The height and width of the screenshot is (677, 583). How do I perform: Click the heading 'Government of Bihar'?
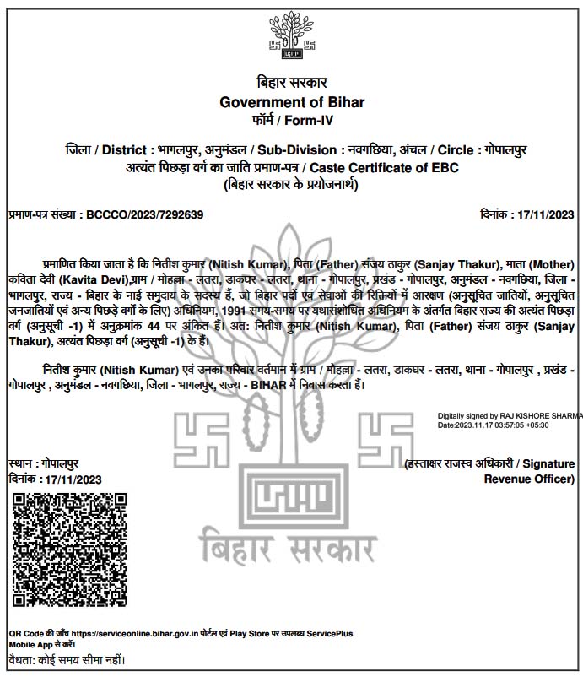[291, 102]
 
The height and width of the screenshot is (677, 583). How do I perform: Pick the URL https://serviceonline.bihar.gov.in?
[149, 632]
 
